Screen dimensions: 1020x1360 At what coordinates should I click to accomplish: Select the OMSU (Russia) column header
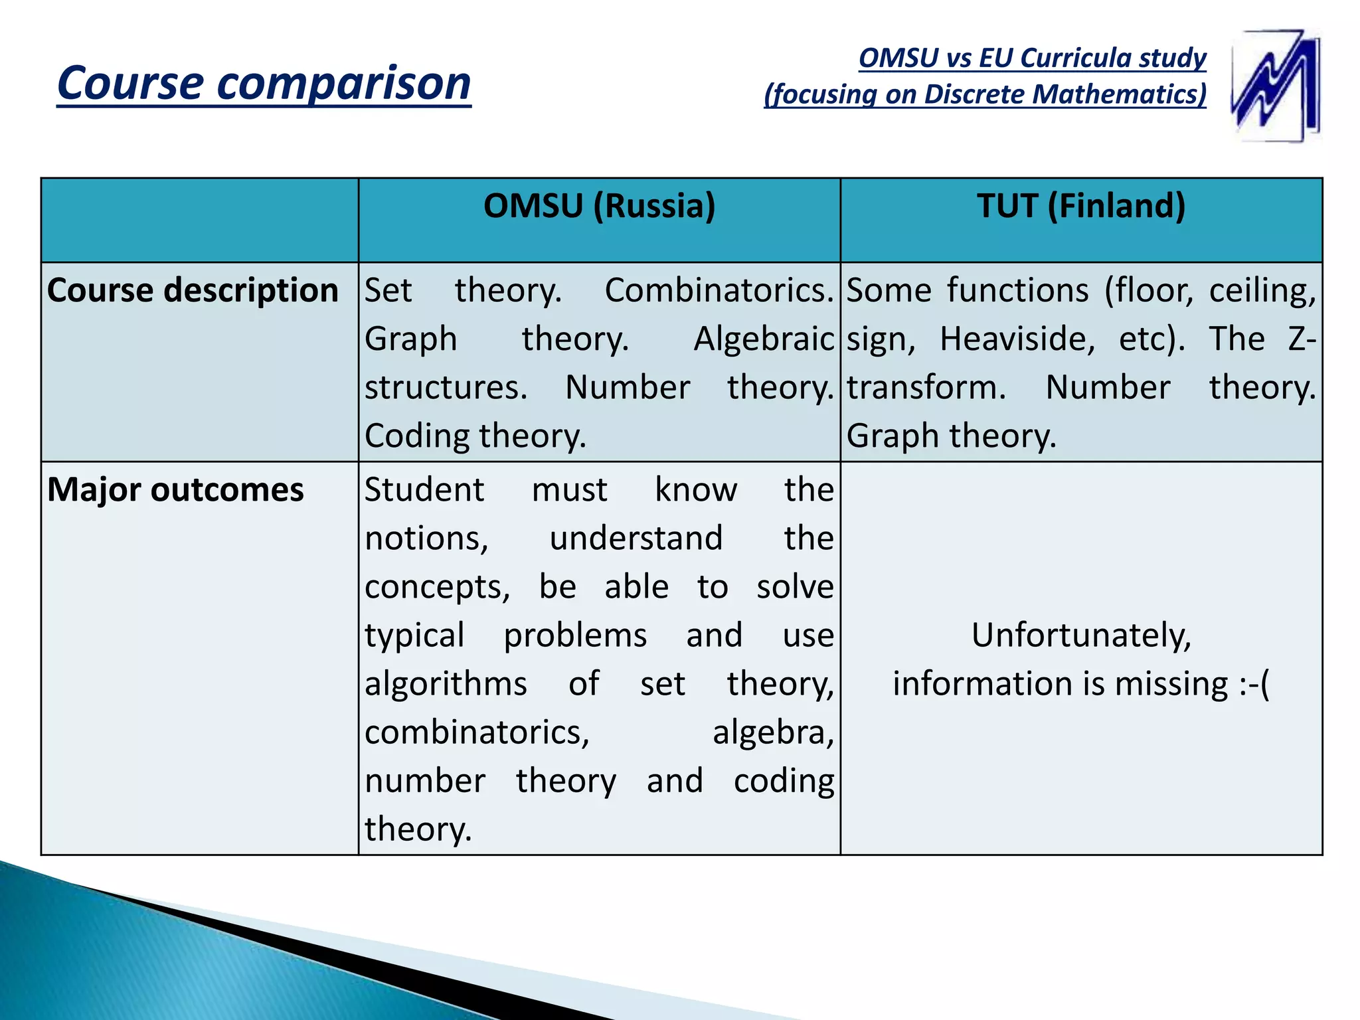pos(599,206)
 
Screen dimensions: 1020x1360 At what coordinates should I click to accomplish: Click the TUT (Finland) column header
pos(1081,206)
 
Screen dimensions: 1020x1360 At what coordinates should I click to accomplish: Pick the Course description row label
pos(193,291)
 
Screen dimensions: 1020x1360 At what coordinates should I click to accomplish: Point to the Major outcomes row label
pos(175,490)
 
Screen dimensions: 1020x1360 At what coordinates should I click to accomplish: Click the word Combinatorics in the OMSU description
pos(719,291)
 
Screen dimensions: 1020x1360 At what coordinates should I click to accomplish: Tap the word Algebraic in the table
pos(763,339)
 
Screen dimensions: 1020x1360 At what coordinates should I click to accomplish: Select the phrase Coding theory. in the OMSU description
pos(475,436)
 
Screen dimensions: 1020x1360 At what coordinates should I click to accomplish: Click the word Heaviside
pos(1017,339)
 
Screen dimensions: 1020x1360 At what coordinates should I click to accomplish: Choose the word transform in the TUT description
pos(926,388)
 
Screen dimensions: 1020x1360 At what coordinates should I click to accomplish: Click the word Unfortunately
pos(1081,636)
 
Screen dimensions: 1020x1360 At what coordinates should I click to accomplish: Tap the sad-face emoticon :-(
pos(1254,684)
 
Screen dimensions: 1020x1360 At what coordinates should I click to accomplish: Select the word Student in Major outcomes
pos(424,490)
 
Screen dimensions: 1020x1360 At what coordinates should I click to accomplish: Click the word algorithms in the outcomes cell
pos(446,684)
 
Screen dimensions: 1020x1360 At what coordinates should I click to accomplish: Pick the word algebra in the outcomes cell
pos(773,732)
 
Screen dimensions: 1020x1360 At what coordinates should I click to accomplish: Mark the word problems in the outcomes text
pos(575,636)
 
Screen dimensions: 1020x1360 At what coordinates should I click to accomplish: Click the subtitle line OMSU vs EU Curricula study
pos(1032,58)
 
